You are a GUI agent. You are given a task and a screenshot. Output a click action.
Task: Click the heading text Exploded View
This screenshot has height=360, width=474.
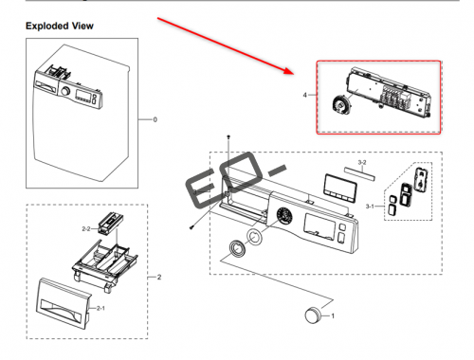[x=60, y=26]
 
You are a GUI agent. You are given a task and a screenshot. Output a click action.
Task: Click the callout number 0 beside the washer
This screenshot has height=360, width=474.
[x=155, y=119]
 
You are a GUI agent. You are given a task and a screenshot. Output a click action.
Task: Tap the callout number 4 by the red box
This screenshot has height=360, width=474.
[x=304, y=95]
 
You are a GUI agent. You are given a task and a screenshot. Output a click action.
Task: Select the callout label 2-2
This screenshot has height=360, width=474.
[x=86, y=228]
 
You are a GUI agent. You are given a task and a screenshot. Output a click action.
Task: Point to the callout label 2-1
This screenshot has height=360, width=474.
[x=100, y=308]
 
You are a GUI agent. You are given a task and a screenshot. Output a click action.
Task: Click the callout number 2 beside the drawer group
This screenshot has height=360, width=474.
[x=159, y=277]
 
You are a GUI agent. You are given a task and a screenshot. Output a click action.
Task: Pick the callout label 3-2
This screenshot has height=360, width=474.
[x=362, y=162]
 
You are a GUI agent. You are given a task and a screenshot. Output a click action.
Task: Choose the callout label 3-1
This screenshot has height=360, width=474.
[x=370, y=207]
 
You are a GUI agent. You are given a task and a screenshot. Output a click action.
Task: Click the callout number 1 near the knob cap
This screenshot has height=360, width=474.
[x=333, y=315]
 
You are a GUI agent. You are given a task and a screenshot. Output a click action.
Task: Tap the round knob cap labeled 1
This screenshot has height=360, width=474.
[x=313, y=315]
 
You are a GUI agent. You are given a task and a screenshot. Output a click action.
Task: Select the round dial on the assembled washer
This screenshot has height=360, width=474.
[x=65, y=91]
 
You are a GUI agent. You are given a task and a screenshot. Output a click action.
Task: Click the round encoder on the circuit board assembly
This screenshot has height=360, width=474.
[x=341, y=104]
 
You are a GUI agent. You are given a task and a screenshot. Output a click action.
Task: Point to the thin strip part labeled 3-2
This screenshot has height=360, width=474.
[x=360, y=173]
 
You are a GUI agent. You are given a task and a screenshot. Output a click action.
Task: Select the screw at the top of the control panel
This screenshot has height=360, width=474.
[x=228, y=136]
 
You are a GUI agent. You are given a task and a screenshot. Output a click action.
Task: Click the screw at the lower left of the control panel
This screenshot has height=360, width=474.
[x=191, y=227]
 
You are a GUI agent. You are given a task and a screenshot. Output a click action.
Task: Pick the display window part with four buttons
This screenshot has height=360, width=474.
[x=340, y=188]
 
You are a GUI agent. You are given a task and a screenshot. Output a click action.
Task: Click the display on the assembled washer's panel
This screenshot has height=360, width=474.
[x=82, y=95]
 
